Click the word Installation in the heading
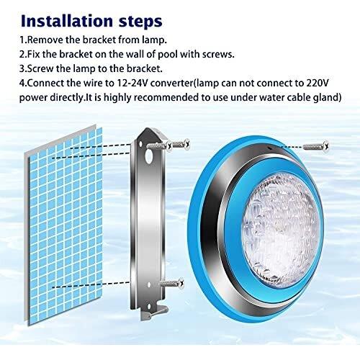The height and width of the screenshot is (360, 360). [x=67, y=21]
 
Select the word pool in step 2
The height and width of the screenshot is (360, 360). [x=168, y=55]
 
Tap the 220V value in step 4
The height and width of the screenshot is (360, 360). [x=318, y=83]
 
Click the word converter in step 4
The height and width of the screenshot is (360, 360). [x=171, y=84]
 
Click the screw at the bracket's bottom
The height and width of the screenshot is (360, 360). [x=172, y=284]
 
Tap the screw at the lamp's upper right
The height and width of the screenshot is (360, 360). [x=316, y=146]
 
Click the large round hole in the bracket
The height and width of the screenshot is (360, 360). [x=149, y=156]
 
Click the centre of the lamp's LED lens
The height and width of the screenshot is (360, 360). [x=281, y=227]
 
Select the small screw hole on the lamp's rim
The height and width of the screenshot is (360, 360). [x=270, y=148]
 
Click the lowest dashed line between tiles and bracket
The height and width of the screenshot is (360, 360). [x=91, y=284]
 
